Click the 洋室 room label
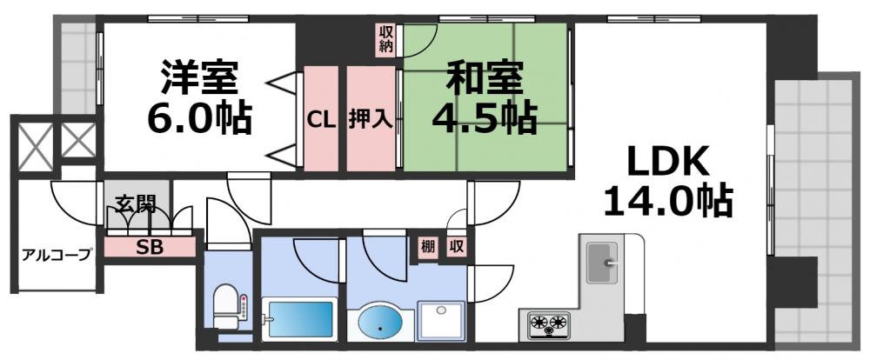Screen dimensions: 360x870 pyautogui.click(x=199, y=78)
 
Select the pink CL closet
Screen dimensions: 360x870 pyautogui.click(x=320, y=119)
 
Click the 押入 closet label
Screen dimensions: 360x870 pyautogui.click(x=371, y=119)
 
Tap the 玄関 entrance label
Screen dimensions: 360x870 pyautogui.click(x=136, y=206)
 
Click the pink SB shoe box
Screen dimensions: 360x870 pyautogui.click(x=149, y=246)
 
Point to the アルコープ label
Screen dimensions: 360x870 pyautogui.click(x=57, y=255)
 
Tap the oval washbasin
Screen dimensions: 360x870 pyautogui.click(x=380, y=323)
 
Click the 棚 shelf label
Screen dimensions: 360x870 pyautogui.click(x=427, y=246)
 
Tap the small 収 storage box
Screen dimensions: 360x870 pyautogui.click(x=456, y=246)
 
